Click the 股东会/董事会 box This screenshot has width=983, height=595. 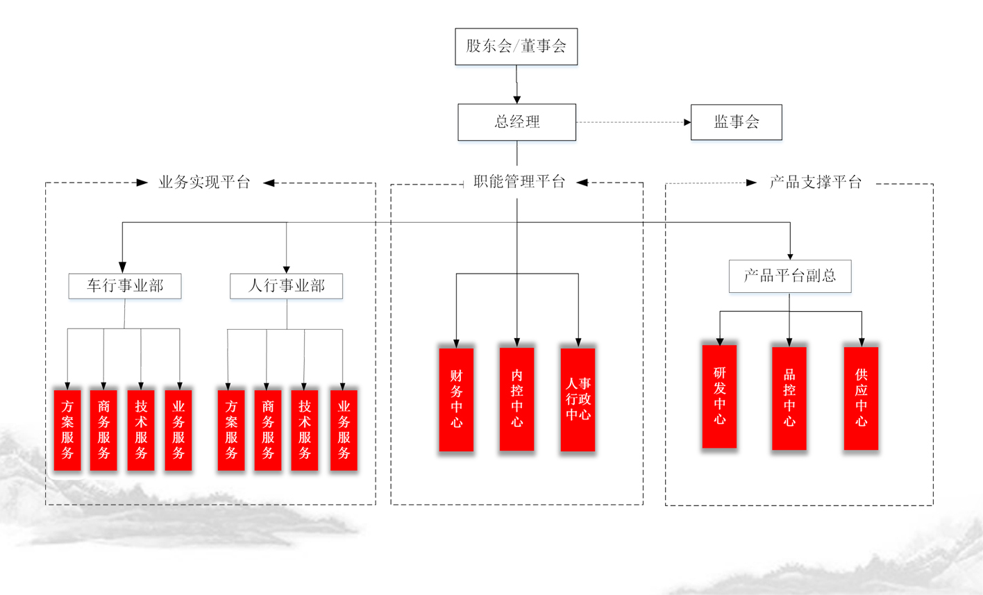[516, 47]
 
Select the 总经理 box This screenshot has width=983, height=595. [516, 122]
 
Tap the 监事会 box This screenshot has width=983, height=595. [736, 122]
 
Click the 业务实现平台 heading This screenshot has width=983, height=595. [204, 183]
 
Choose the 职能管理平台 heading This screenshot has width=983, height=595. [519, 182]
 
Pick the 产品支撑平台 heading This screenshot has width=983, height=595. [815, 183]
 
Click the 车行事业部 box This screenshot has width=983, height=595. [125, 286]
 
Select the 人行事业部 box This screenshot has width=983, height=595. [286, 286]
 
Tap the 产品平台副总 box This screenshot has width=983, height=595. [789, 276]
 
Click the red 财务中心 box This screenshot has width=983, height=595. [456, 399]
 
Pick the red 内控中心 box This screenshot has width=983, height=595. [516, 399]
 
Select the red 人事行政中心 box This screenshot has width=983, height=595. [578, 399]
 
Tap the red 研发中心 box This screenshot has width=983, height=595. [719, 396]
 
